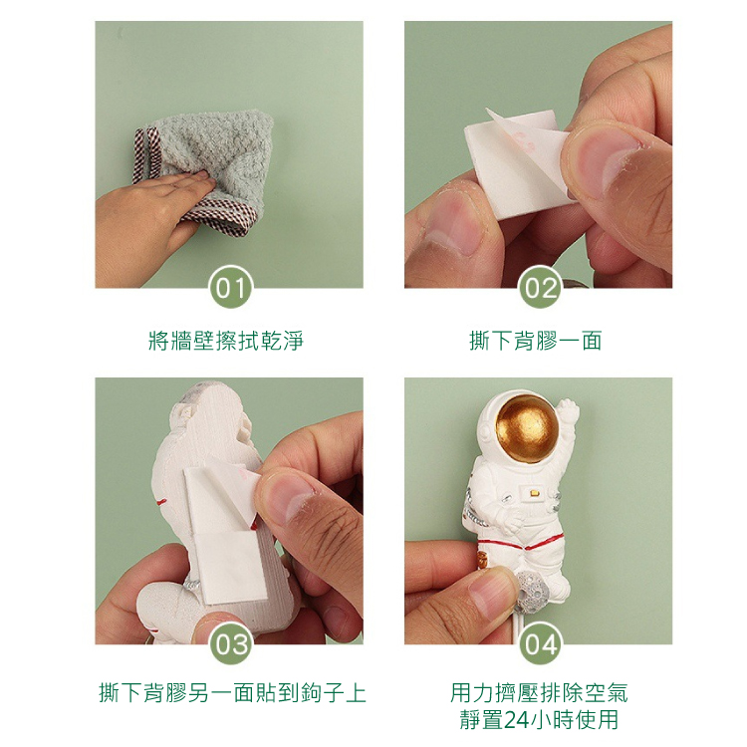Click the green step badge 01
pyautogui.click(x=231, y=287)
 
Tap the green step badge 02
pyautogui.click(x=540, y=287)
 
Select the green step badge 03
pyautogui.click(x=231, y=643)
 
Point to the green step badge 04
pyautogui.click(x=540, y=643)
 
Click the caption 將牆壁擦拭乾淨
pyautogui.click(x=226, y=341)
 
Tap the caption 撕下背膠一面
pyautogui.click(x=536, y=341)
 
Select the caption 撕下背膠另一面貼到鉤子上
pyautogui.click(x=232, y=693)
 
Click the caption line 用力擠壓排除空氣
pyautogui.click(x=539, y=693)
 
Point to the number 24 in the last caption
pyautogui.click(x=516, y=720)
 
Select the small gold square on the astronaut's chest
pyautogui.click(x=533, y=493)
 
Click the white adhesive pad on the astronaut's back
pyautogui.click(x=223, y=534)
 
